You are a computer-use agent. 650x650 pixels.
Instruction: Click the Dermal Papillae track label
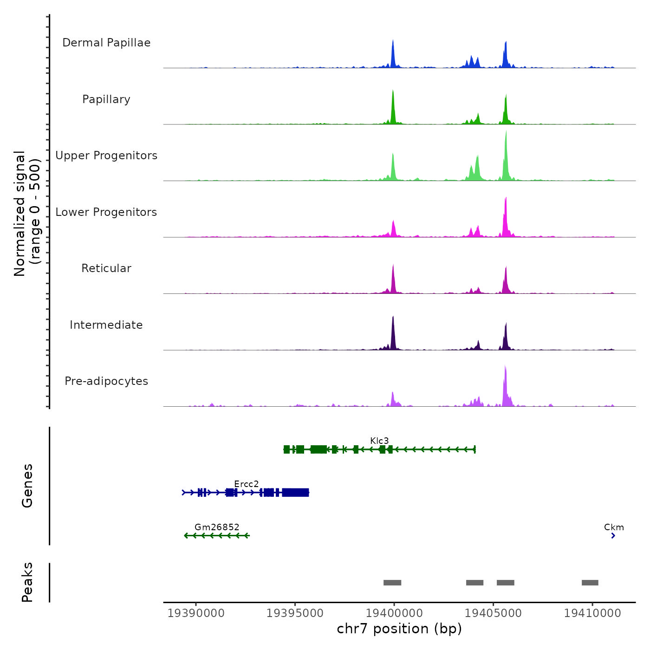tap(106, 43)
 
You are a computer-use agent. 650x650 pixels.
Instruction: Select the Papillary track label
tap(106, 99)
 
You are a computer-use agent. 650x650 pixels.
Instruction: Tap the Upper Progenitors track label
tap(106, 156)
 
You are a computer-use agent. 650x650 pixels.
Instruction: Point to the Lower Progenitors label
tap(106, 212)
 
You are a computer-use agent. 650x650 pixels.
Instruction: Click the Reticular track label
tap(106, 268)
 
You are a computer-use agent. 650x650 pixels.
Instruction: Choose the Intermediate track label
tap(106, 325)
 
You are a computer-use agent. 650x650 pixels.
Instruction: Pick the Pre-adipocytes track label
tap(106, 381)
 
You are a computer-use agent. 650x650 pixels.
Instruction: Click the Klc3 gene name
tap(379, 441)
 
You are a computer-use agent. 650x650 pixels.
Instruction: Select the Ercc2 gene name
tap(246, 484)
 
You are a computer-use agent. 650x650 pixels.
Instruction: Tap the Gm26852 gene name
tap(217, 527)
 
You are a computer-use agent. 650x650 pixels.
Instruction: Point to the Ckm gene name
tap(614, 527)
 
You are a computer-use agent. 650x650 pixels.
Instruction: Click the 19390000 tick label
tap(196, 613)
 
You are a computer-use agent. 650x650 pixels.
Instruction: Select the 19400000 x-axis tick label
tap(394, 613)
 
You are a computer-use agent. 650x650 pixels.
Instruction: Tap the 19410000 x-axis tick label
tap(592, 613)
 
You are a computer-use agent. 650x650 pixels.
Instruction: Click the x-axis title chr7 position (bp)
tap(399, 629)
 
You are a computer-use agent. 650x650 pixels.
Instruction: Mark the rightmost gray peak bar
tap(590, 583)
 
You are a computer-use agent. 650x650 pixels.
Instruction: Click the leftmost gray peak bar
tap(392, 583)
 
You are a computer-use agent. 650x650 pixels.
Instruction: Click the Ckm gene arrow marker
tap(613, 536)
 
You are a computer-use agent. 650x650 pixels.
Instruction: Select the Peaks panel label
tap(27, 582)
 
